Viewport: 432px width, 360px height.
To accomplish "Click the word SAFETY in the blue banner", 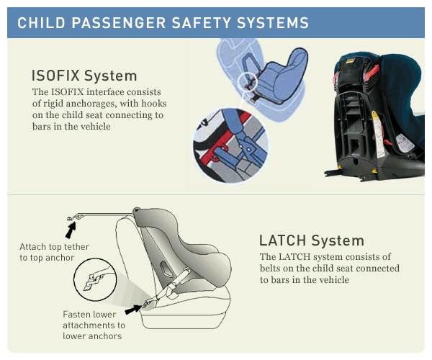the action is point(201,22).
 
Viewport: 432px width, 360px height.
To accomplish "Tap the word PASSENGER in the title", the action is point(119,22).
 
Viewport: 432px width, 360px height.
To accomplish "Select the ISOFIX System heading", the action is point(84,76).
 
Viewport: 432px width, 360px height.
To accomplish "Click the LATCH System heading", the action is point(312,240).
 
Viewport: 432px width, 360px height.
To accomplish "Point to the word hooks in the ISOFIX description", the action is point(154,103).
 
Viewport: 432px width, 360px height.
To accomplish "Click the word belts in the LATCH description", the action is point(269,268).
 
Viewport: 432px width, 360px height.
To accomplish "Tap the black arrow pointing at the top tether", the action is point(71,230).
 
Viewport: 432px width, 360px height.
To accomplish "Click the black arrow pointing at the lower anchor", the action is point(134,310).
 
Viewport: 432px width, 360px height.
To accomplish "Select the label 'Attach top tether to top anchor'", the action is point(54,252).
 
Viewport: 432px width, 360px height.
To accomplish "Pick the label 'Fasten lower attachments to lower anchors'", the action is point(94,325).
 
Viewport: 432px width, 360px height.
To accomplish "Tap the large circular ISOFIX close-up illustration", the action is point(231,145).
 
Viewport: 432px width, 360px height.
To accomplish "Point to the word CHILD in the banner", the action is point(41,22).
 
